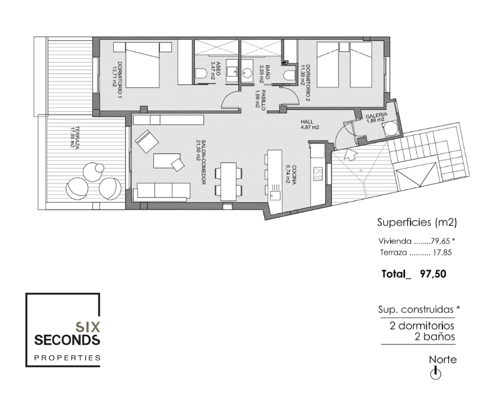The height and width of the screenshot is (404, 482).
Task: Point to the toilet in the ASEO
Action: (x=201, y=73)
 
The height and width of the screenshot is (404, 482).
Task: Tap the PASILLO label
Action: (x=263, y=100)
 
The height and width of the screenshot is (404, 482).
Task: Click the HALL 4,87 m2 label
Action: (x=310, y=124)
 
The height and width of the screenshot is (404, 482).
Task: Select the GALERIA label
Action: (x=376, y=115)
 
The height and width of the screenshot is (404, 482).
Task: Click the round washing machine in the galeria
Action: (x=390, y=129)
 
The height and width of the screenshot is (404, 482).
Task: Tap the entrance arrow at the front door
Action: (x=350, y=154)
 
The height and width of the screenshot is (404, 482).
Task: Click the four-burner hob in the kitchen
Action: (x=317, y=174)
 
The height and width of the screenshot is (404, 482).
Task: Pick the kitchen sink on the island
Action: (x=275, y=195)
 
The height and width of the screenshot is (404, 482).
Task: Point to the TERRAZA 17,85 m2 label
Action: (x=75, y=137)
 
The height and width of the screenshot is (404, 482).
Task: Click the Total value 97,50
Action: (x=433, y=274)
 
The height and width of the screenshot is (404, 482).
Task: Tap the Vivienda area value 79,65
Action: (x=440, y=241)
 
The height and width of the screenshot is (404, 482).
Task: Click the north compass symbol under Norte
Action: (x=435, y=373)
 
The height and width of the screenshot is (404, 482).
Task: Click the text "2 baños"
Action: (x=435, y=336)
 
